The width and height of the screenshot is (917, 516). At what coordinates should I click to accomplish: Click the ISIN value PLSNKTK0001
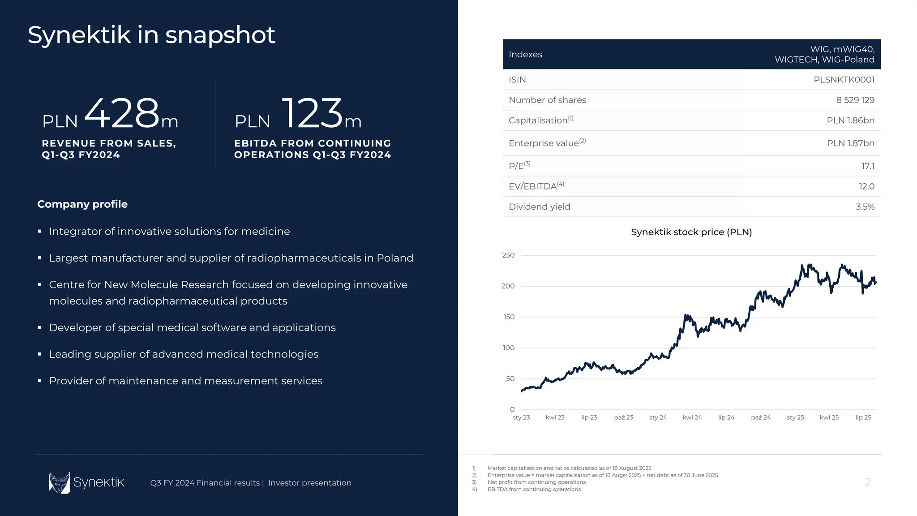point(844,80)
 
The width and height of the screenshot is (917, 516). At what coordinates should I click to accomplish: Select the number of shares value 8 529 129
point(855,100)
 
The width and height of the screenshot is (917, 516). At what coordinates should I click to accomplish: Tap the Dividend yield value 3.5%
point(865,206)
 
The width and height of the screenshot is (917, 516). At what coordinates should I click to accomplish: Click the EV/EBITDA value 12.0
point(866,186)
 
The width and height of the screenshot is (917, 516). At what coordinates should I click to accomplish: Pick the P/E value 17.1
point(867,166)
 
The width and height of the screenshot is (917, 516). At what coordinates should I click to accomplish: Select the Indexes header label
point(525,54)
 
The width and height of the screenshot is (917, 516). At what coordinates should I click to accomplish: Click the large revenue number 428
point(122,113)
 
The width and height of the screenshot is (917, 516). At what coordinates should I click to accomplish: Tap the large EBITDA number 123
point(312,113)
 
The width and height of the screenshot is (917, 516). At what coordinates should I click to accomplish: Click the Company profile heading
point(82,204)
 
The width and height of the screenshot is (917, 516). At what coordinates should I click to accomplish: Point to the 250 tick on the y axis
point(508,255)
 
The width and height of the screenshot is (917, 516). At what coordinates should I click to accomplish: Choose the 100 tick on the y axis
point(509,348)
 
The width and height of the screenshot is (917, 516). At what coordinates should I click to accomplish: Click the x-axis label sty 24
point(658,417)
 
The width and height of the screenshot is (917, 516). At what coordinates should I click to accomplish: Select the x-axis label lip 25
point(863,417)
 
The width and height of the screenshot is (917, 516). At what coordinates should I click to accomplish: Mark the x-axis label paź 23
point(623,417)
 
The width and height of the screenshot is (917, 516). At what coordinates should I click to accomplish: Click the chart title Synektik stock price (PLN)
point(691,232)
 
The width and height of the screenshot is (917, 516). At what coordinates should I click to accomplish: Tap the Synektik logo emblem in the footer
point(60,482)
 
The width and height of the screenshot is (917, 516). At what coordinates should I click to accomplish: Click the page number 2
point(868,482)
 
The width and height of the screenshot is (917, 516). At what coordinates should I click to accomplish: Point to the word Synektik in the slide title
point(79,35)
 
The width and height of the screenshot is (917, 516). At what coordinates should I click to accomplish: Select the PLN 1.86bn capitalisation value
point(850,120)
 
